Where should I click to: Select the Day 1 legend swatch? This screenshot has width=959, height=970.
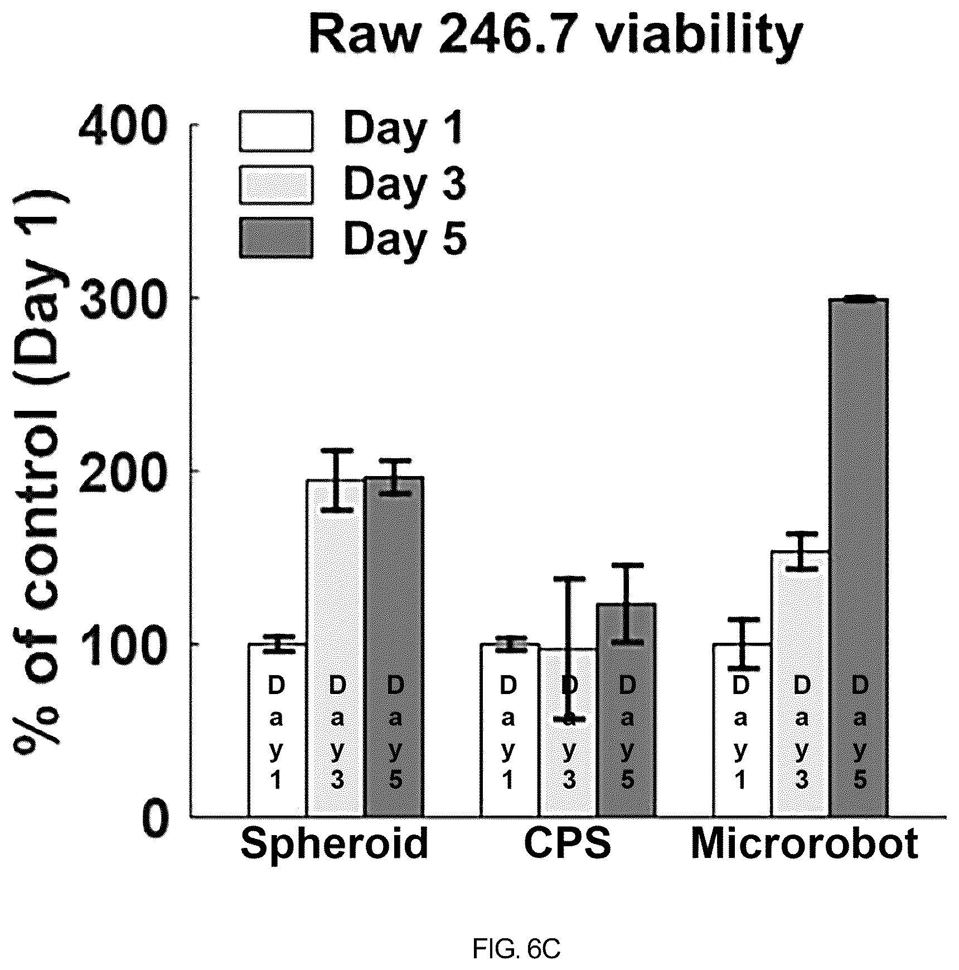click(x=276, y=131)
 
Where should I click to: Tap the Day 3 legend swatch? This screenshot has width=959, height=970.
click(x=276, y=185)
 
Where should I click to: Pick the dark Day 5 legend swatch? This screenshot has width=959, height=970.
click(x=276, y=238)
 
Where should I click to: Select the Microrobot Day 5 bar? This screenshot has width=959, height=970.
click(x=859, y=558)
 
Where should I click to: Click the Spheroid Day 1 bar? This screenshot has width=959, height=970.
click(x=277, y=730)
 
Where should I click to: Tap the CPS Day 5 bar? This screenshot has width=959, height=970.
click(x=626, y=710)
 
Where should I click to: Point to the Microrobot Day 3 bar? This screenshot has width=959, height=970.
click(x=801, y=684)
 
